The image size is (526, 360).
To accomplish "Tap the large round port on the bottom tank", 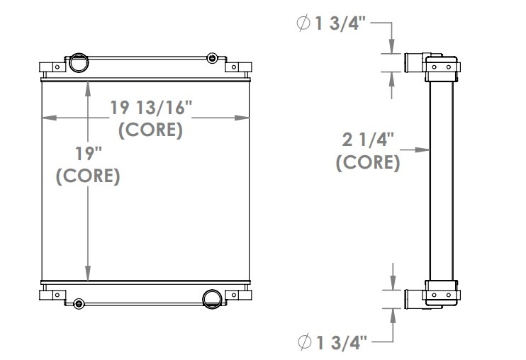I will [x=211, y=298].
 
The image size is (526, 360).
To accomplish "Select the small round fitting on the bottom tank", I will [x=77, y=303].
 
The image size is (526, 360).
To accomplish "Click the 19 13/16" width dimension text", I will [x=151, y=108].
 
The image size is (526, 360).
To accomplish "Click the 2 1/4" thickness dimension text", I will [x=367, y=140].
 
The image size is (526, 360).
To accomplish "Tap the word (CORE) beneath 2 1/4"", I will [x=367, y=162].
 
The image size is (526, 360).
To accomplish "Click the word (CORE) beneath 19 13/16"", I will [x=151, y=130].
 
